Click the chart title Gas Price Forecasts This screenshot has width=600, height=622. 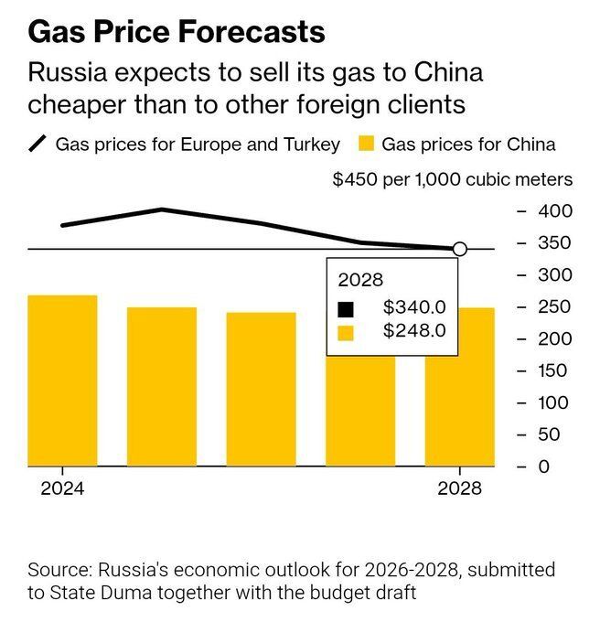[x=177, y=33]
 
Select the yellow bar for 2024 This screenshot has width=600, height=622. [x=62, y=380]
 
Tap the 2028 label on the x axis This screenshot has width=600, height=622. [x=459, y=488]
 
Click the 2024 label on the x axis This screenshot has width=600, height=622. [x=62, y=488]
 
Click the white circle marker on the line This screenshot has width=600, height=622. [x=460, y=249]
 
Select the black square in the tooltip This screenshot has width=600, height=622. [x=346, y=308]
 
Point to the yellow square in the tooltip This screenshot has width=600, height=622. [x=346, y=333]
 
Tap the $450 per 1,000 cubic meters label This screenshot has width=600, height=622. [x=452, y=179]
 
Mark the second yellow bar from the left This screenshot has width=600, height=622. [x=161, y=386]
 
